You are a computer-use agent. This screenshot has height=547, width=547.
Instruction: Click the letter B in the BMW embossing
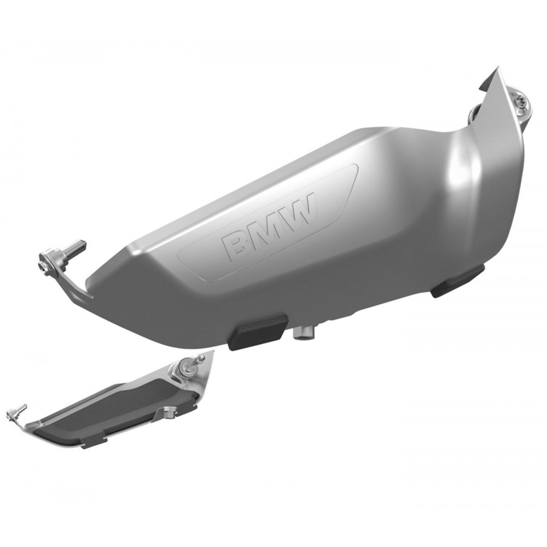(x=237, y=247)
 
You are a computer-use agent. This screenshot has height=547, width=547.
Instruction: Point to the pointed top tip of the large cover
(x=499, y=69)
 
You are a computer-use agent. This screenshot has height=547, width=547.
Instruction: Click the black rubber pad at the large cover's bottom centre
(x=259, y=332)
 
